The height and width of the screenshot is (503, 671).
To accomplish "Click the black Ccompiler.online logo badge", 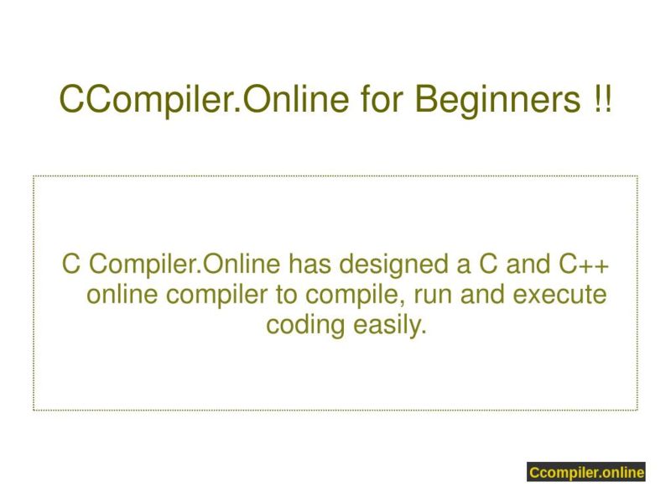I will (x=586, y=473).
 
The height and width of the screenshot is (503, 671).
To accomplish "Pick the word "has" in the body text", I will (x=311, y=267).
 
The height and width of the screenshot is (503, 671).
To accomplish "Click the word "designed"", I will (x=395, y=267).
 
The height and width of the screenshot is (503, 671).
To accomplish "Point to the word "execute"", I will (x=563, y=296).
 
